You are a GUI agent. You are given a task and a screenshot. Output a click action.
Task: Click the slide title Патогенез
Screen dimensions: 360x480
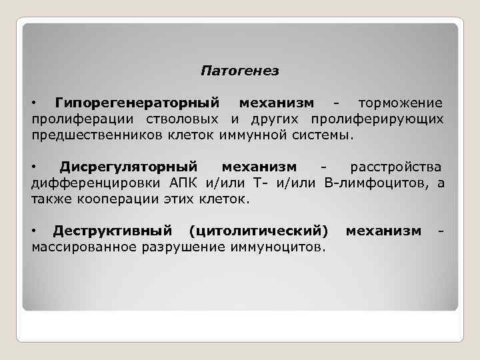[240, 70]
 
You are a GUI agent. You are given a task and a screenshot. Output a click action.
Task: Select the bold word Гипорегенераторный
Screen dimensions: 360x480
[137, 103]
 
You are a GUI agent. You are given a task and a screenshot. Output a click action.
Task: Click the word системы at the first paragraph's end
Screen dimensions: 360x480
[327, 135]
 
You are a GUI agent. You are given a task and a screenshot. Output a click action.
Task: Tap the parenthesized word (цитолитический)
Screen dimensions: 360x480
[259, 231]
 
